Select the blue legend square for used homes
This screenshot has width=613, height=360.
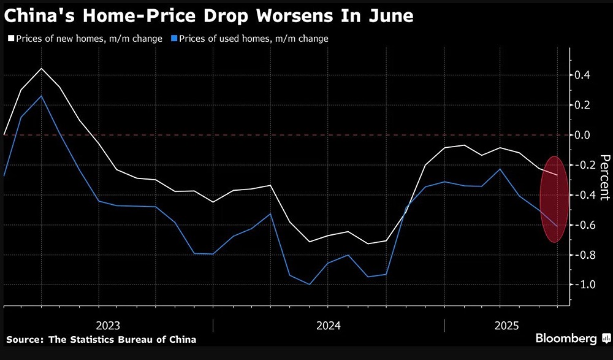pos(175,39)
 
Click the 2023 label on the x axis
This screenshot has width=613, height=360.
pos(108,325)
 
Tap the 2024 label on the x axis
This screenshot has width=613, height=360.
pos(329,325)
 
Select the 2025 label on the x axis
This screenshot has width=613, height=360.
pos(506,325)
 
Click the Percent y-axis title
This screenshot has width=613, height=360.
pos(604,178)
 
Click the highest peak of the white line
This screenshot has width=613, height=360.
pos(41,68)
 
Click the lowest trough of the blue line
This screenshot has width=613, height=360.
pos(310,285)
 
